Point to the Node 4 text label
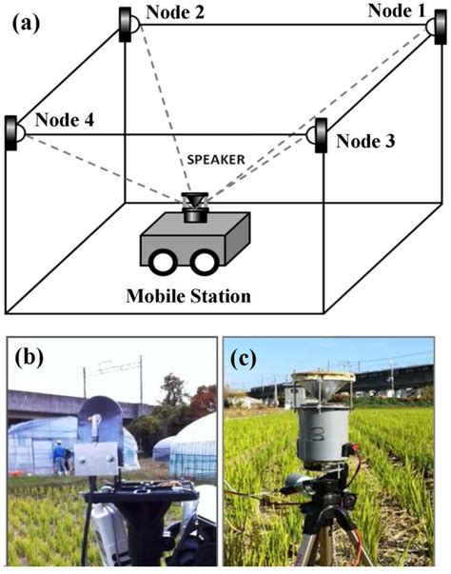tap(63, 121)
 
